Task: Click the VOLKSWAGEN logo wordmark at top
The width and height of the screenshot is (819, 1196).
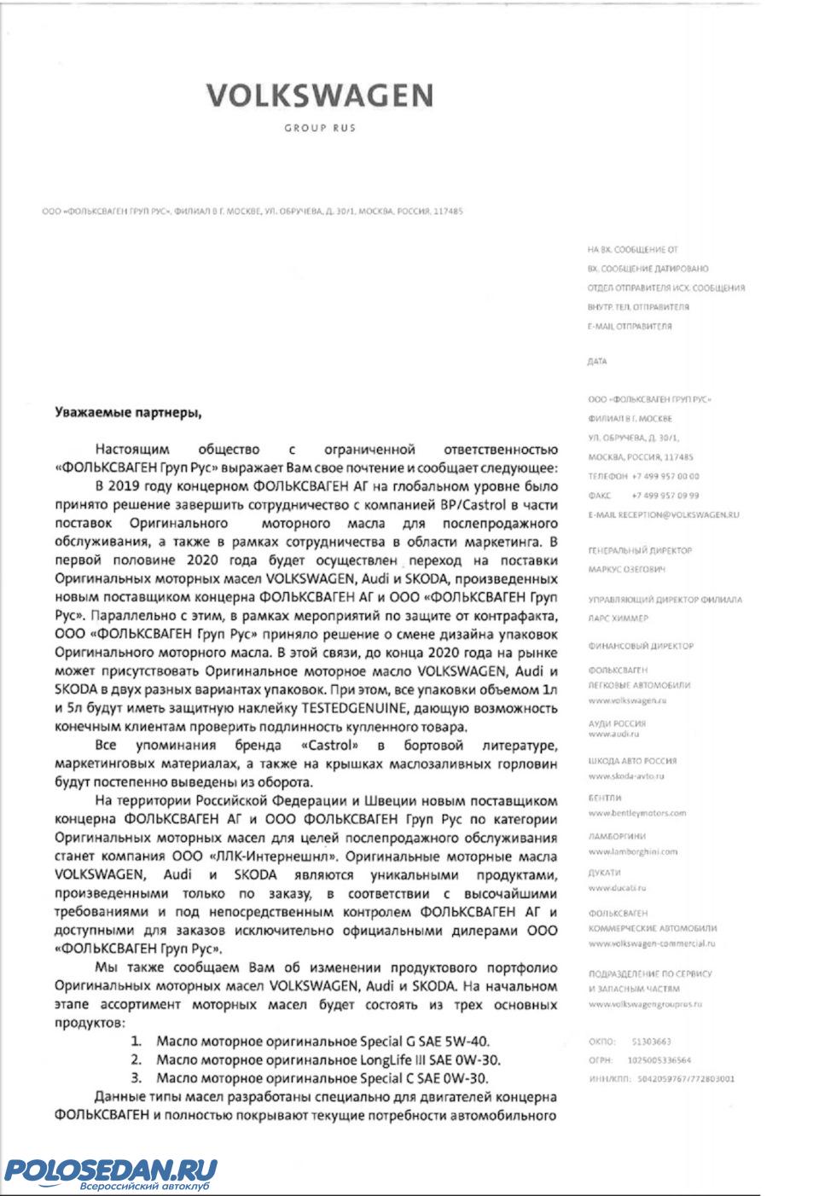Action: pyautogui.click(x=319, y=95)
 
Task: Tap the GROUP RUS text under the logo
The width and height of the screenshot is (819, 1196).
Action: pyautogui.click(x=320, y=128)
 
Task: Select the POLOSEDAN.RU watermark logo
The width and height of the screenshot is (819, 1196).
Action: pyautogui.click(x=111, y=1171)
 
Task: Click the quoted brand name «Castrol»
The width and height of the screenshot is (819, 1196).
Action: pyautogui.click(x=328, y=746)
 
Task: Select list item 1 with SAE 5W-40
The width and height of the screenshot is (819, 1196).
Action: pyautogui.click(x=322, y=1041)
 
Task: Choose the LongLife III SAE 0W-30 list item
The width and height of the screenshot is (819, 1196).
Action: pyautogui.click(x=328, y=1060)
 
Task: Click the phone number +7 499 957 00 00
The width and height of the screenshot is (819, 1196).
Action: pyautogui.click(x=665, y=476)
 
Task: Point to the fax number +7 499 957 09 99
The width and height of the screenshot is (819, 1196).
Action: pyautogui.click(x=665, y=495)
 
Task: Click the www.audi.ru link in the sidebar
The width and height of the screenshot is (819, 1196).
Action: pyautogui.click(x=613, y=734)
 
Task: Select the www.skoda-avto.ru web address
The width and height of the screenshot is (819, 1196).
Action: pyautogui.click(x=626, y=776)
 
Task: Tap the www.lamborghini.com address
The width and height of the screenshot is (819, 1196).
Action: pyautogui.click(x=632, y=851)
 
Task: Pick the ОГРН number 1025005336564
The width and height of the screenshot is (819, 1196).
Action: pyautogui.click(x=659, y=1060)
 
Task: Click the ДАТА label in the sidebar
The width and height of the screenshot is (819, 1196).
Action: pyautogui.click(x=597, y=362)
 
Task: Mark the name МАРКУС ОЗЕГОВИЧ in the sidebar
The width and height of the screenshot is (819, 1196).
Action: pyautogui.click(x=626, y=569)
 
